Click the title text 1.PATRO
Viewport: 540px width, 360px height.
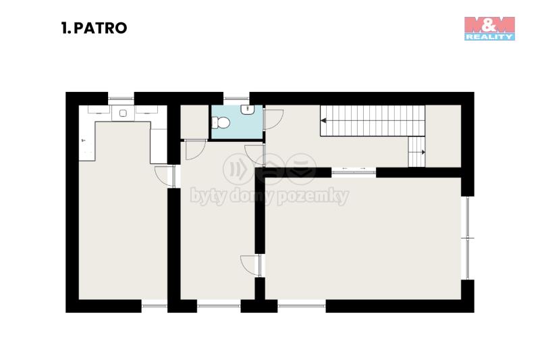[x=94, y=28]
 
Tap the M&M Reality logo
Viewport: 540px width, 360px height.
[x=489, y=28]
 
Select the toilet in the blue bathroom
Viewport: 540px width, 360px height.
[x=221, y=122]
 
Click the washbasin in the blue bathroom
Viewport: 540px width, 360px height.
[x=247, y=109]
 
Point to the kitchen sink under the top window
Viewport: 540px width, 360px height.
[x=123, y=113]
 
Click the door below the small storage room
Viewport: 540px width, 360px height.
[x=196, y=150]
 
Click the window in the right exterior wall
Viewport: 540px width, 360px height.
[x=467, y=238]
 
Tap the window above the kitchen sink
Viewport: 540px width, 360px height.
[x=121, y=99]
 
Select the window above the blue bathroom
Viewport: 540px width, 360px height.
[x=236, y=99]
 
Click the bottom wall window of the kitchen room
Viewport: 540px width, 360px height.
[x=155, y=306]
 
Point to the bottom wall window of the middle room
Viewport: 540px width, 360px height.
[x=219, y=306]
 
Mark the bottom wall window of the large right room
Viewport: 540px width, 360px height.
[x=302, y=306]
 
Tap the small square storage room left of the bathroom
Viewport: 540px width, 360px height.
[x=194, y=122]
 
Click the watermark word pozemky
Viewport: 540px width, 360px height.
[x=313, y=196]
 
